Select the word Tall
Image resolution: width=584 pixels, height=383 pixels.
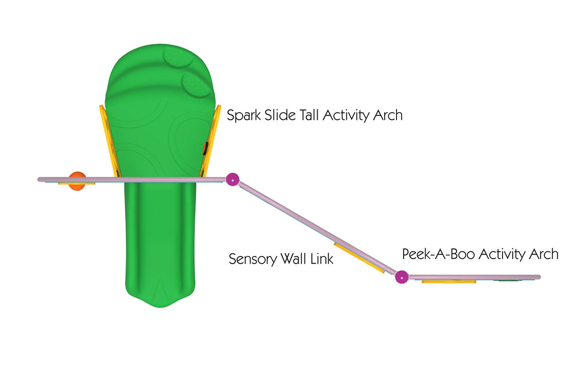tap(309, 115)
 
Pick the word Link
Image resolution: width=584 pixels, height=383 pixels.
tap(322, 259)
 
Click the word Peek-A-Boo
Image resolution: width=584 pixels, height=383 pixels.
tap(439, 254)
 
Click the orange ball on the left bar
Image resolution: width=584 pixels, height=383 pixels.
tap(77, 181)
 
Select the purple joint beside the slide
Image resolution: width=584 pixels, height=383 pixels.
tap(233, 179)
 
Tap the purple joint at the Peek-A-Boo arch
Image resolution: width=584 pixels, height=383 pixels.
tap(402, 277)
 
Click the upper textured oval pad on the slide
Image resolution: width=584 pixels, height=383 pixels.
tap(177, 58)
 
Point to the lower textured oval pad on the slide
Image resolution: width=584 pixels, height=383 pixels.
tap(196, 85)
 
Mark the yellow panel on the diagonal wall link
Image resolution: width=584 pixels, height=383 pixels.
tap(359, 258)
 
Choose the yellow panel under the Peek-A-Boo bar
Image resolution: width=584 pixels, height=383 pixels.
tap(449, 282)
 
